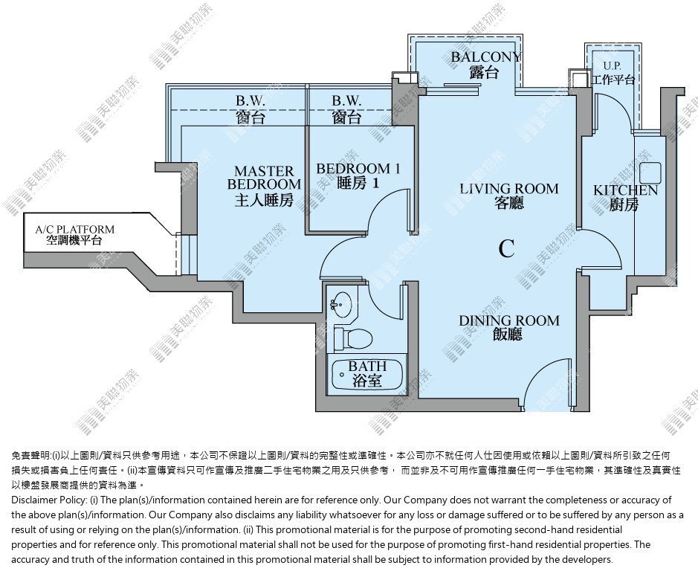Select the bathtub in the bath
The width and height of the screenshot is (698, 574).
tap(367, 375)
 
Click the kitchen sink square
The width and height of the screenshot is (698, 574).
tap(650, 173)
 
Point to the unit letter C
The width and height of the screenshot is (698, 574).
tap(506, 248)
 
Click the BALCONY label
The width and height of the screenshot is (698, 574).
tap(485, 57)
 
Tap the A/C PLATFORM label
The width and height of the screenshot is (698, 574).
tap(75, 229)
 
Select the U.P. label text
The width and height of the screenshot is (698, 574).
tap(612, 66)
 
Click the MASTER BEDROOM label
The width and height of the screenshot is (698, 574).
tap(264, 178)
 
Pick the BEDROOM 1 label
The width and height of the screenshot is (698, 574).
tap(358, 169)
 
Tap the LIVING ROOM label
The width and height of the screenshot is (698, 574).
tap(508, 189)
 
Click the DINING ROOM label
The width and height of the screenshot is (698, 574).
tap(508, 320)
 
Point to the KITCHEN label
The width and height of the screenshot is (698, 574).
tap(625, 190)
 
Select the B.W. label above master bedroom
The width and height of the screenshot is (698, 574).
tap(251, 101)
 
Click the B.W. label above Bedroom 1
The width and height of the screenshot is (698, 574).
tap(346, 101)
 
